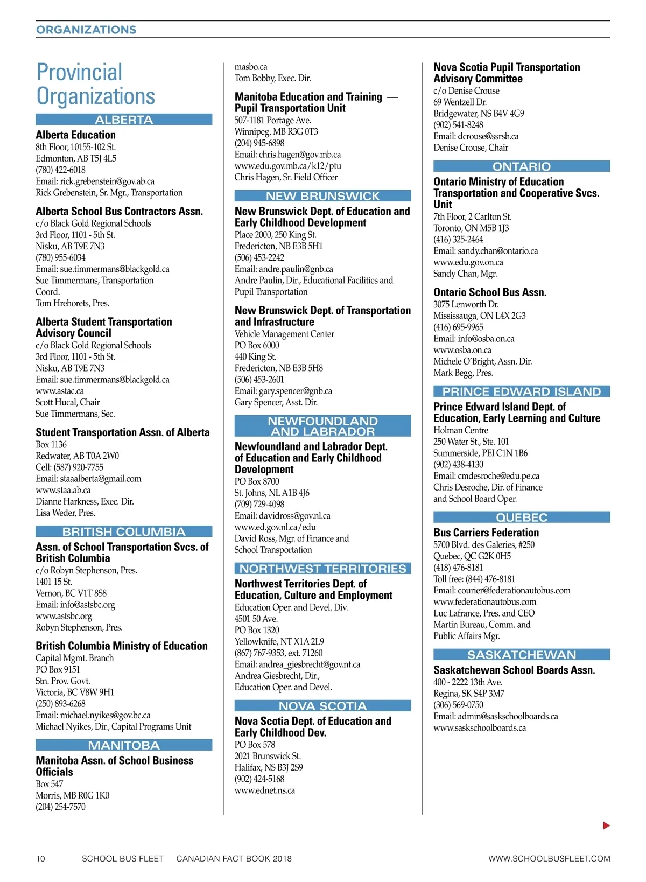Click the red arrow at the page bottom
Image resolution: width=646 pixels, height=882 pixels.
(x=606, y=825)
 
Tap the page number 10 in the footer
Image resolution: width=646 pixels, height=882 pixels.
(x=40, y=858)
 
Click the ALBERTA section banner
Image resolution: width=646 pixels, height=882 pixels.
(x=124, y=120)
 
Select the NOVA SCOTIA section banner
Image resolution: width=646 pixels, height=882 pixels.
(x=322, y=705)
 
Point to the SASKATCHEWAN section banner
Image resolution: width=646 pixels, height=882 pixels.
(x=521, y=654)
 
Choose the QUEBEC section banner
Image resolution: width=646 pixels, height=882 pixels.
(x=521, y=517)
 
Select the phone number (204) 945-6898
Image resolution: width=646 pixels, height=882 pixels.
(x=259, y=143)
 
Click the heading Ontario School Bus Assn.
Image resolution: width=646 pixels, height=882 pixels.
(x=490, y=292)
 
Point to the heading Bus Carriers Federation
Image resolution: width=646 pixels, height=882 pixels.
(x=486, y=533)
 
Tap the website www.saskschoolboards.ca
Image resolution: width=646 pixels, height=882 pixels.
(x=480, y=728)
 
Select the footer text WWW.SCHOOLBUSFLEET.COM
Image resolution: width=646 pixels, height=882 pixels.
(x=549, y=858)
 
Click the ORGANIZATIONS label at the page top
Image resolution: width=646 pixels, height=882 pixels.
(x=86, y=30)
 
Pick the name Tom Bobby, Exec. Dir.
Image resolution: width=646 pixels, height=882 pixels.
(x=272, y=78)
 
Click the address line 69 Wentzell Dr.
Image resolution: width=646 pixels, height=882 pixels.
(x=460, y=102)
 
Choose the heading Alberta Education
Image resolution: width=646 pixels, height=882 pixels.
(x=75, y=135)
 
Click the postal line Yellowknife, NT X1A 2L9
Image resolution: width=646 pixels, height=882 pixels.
(x=279, y=641)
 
